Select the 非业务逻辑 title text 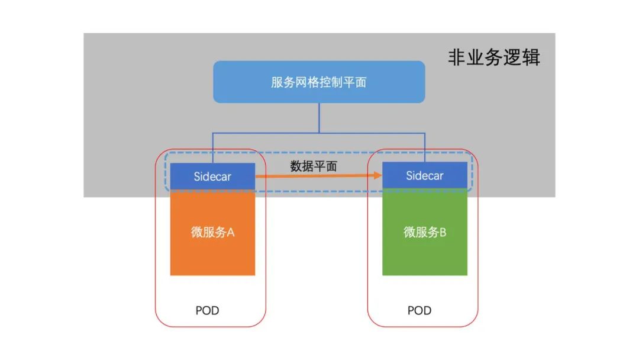(493, 58)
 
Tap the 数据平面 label (314, 166)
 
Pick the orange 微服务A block (212, 249)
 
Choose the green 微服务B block (425, 249)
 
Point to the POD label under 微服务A (207, 310)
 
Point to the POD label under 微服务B (419, 310)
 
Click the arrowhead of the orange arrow (376, 176)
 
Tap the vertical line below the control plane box (319, 117)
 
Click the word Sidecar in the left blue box (212, 176)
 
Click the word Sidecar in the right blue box (425, 176)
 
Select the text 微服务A (212, 232)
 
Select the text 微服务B (425, 232)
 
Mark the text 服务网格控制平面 (319, 82)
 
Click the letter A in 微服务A (231, 232)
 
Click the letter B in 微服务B (443, 232)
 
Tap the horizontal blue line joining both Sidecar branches (266, 132)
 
